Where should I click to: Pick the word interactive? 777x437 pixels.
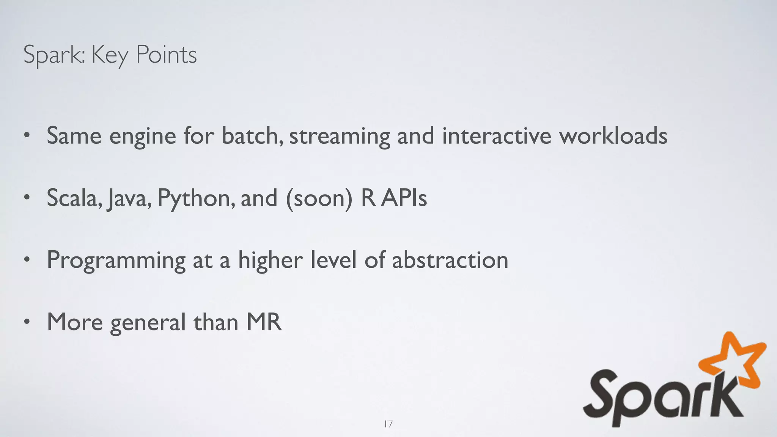click(496, 135)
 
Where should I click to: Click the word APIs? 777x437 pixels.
click(404, 198)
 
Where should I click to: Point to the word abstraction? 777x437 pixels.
click(450, 260)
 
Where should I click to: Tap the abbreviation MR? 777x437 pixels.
click(264, 322)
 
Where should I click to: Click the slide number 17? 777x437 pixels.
click(388, 424)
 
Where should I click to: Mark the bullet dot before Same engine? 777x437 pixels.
click(26, 136)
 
